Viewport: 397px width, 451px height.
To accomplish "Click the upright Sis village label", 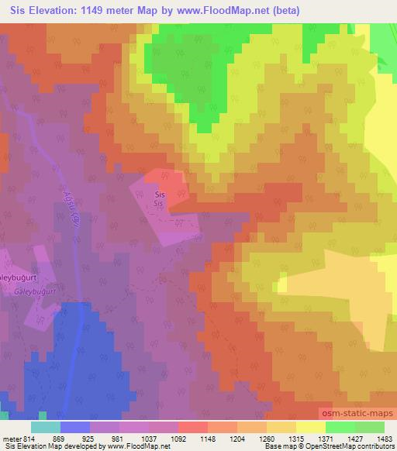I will pyautogui.click(x=160, y=194).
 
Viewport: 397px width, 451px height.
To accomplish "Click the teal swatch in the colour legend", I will pyautogui.click(x=46, y=427).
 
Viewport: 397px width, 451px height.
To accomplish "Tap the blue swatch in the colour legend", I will pyautogui.click(x=75, y=427).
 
